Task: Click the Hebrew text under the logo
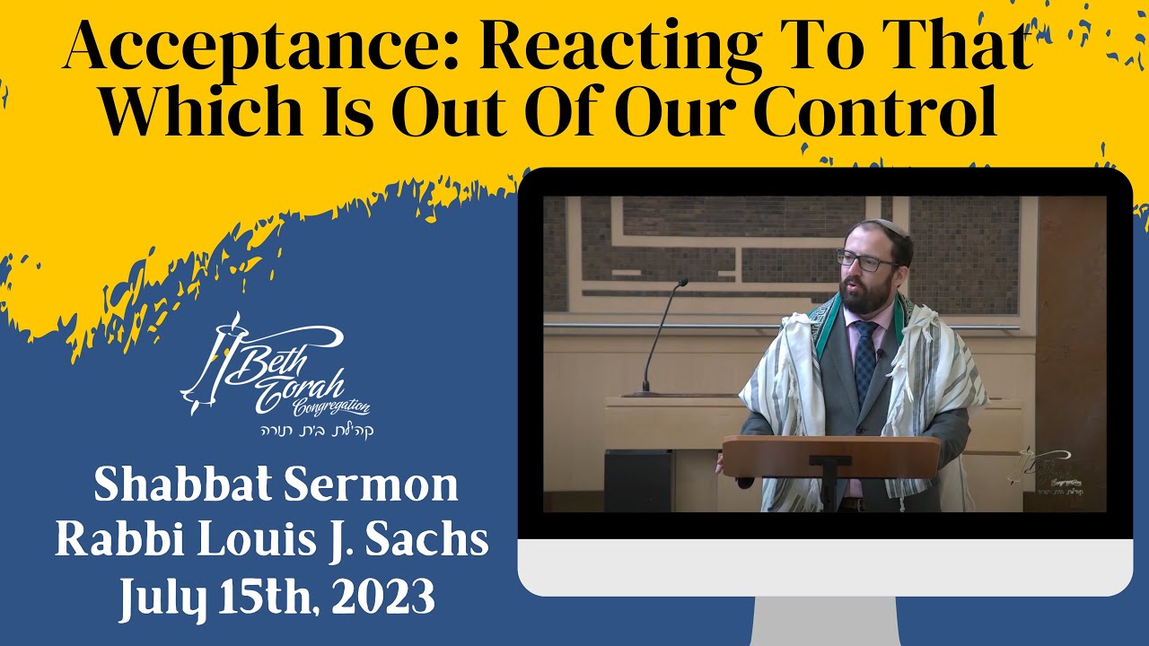click(x=311, y=430)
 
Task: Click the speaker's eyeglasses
click(x=865, y=261)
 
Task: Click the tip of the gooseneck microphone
click(x=683, y=283)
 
